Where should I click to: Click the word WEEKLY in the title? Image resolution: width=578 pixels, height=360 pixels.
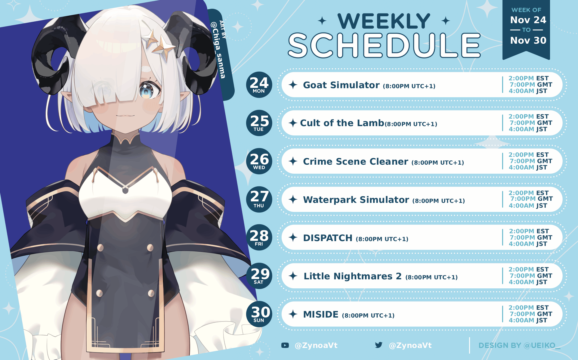[x=384, y=21]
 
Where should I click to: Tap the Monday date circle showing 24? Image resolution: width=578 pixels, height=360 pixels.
[x=259, y=85]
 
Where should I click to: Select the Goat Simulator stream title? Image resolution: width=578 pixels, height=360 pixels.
[x=341, y=85]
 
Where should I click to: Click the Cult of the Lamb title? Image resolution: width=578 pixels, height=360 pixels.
[x=342, y=123]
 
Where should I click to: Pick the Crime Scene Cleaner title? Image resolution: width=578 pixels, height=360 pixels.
[x=355, y=162]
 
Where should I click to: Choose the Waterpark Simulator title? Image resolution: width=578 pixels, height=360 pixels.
[x=356, y=200]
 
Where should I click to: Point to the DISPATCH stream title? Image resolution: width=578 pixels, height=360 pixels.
[x=328, y=238]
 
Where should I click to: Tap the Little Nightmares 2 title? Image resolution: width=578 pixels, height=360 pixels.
[x=353, y=276]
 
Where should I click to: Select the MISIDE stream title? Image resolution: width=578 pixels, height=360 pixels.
[x=321, y=315]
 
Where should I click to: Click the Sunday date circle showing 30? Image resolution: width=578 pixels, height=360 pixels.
[x=259, y=314]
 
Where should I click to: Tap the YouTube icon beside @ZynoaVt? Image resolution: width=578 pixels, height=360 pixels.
[x=285, y=345]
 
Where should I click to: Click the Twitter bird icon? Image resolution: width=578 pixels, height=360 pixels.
[x=379, y=345]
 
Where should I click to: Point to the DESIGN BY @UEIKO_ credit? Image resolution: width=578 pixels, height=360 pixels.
[x=519, y=346]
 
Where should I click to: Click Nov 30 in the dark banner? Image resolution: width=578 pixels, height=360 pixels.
[x=528, y=40]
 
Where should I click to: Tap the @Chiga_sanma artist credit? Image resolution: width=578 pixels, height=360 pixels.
[x=218, y=50]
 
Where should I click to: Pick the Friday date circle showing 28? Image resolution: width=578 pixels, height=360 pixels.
[x=259, y=237]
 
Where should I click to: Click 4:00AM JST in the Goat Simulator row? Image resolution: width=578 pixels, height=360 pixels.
[x=528, y=91]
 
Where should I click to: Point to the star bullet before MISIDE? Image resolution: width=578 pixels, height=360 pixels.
[x=293, y=314]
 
